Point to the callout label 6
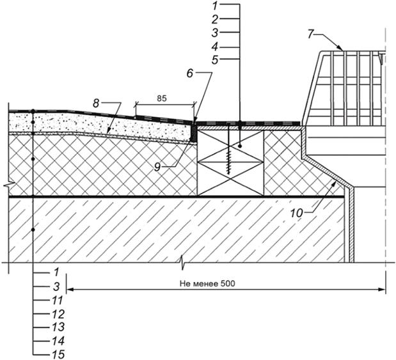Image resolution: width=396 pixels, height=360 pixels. (189, 74)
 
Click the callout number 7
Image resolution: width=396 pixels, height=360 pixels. (310, 34)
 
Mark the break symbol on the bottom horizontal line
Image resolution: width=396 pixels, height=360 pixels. (182, 262)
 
